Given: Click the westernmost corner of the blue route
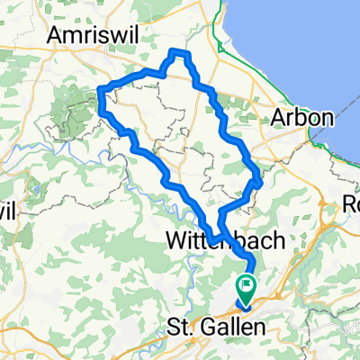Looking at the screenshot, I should tap(99, 88).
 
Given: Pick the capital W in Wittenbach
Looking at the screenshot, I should tap(177, 240).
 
